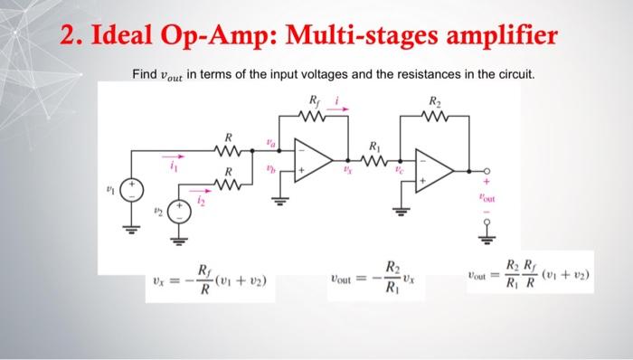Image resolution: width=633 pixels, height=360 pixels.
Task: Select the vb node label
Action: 269,168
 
